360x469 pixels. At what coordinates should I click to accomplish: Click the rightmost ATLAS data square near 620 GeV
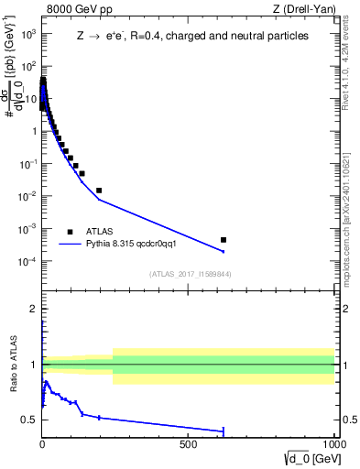tap(224, 240)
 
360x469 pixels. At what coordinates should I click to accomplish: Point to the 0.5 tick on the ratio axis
tap(29, 420)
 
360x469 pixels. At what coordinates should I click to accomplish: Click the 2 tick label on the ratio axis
tap(34, 310)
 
